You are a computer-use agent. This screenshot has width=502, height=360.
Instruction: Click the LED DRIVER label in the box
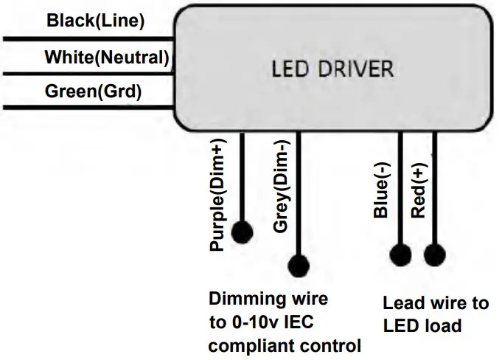pos(332,70)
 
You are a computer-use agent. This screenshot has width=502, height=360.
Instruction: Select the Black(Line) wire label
pos(95,21)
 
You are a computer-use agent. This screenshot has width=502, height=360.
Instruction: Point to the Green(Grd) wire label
pos(93,92)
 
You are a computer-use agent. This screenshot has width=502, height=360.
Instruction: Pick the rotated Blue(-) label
pos(381,193)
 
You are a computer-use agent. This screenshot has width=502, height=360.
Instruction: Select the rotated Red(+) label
pos(417,193)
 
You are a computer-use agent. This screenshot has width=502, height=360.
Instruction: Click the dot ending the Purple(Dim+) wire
pos(242,232)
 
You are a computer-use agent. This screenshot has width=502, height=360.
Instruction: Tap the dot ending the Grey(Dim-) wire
pos(299,264)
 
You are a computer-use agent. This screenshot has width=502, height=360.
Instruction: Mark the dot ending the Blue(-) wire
pos(400,255)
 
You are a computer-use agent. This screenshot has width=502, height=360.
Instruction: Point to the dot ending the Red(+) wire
pos(434,255)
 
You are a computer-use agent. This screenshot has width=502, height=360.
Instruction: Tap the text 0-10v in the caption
pos(253,322)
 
